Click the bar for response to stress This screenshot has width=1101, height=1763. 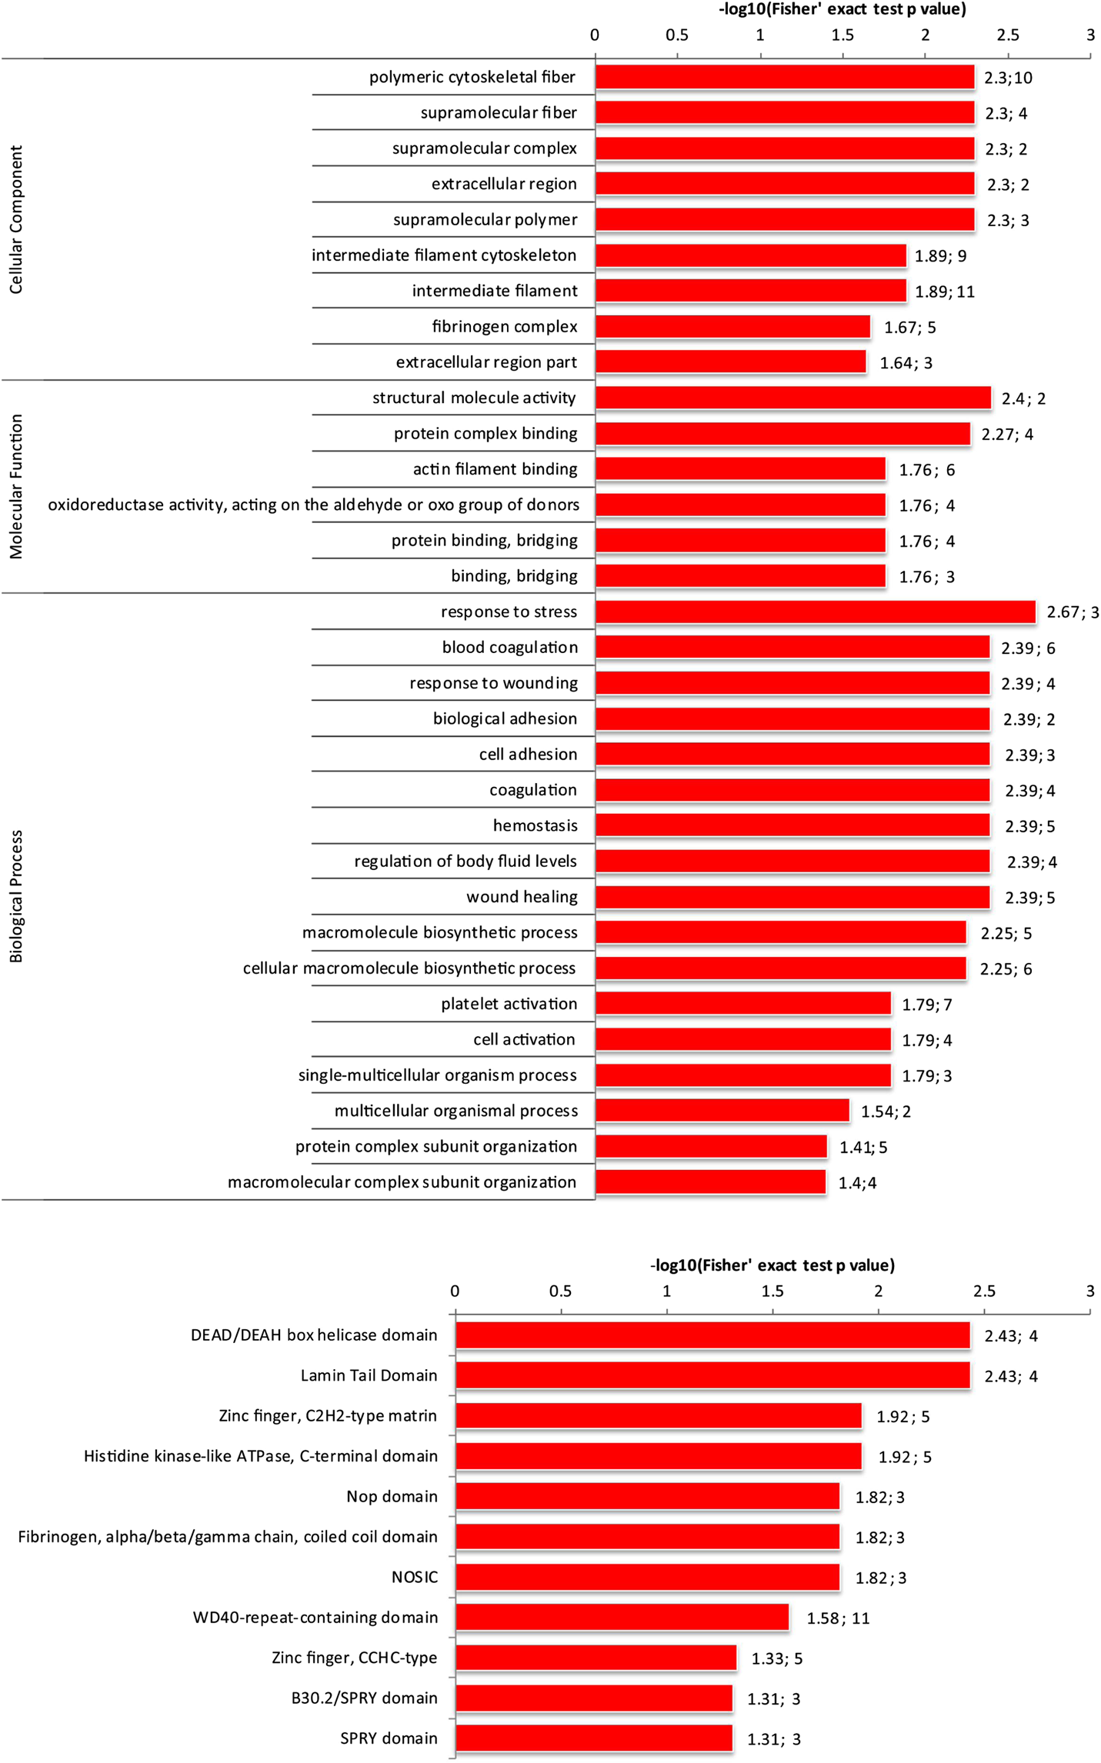click(x=816, y=612)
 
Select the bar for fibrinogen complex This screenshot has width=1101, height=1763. click(x=732, y=326)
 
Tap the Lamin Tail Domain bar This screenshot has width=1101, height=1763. click(x=712, y=1375)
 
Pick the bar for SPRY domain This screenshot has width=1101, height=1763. click(x=594, y=1738)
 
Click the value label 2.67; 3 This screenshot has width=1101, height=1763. click(x=1073, y=612)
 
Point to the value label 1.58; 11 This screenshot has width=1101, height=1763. click(x=838, y=1618)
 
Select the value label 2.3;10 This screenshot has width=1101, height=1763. click(x=1009, y=78)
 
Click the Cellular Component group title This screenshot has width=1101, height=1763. click(x=16, y=219)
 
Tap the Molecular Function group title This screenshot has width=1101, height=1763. click(x=16, y=486)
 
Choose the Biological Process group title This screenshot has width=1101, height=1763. click(x=16, y=896)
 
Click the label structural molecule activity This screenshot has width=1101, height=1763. click(x=474, y=398)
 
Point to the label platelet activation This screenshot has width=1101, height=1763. click(x=509, y=1004)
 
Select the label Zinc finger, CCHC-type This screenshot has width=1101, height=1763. click(x=354, y=1657)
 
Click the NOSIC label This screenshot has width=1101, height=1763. click(x=415, y=1577)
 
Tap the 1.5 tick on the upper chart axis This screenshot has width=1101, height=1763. click(x=842, y=35)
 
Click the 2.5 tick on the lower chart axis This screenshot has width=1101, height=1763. click(x=984, y=1291)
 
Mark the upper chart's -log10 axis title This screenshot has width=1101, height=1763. click(x=842, y=9)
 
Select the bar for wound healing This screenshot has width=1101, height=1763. click(x=792, y=897)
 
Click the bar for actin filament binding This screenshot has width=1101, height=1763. click(x=740, y=468)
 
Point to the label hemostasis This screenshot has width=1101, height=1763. click(x=535, y=825)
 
